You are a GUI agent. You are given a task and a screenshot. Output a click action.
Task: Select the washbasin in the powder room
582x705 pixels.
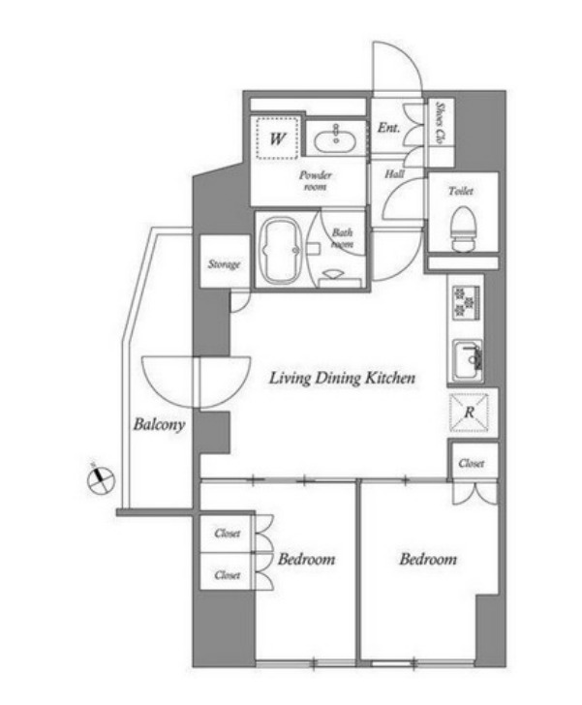[335, 139]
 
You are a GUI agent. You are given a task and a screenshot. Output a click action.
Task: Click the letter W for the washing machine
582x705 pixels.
[278, 138]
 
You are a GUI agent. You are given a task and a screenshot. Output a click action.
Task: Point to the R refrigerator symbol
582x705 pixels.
[469, 413]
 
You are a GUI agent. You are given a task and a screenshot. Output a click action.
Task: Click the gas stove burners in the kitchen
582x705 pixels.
[466, 302]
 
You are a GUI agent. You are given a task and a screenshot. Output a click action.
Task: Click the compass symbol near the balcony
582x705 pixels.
[101, 480]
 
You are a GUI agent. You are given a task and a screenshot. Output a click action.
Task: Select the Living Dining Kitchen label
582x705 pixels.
[342, 378]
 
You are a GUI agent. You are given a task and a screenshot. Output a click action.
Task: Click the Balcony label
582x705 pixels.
[159, 424]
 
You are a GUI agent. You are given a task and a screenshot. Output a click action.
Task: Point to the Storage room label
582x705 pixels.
[224, 264]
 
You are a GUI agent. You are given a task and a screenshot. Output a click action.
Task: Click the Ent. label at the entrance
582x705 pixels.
[388, 128]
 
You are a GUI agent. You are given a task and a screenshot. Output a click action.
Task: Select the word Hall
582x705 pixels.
[394, 174]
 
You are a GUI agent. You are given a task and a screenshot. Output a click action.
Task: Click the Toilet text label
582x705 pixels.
[461, 191]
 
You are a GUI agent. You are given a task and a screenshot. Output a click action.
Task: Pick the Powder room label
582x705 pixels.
[316, 180]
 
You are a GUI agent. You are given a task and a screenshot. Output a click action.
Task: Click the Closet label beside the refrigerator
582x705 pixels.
[472, 463]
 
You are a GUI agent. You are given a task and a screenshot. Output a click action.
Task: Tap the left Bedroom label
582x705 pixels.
[306, 559]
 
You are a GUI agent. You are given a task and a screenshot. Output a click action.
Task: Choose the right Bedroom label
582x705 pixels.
[428, 559]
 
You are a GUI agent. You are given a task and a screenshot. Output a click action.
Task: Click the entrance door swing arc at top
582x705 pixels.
[407, 55]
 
